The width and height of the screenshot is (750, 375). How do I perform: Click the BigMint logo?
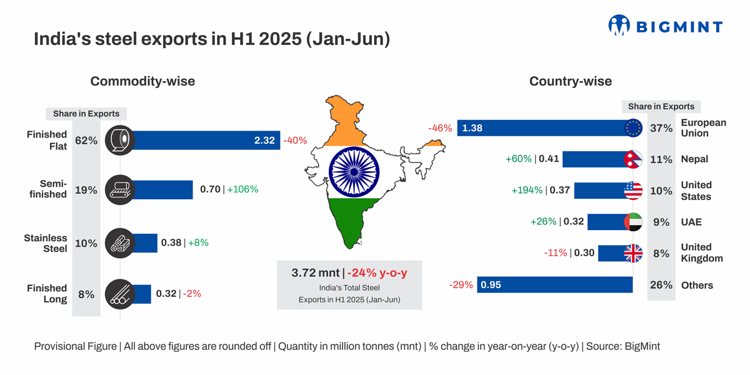[x=665, y=26]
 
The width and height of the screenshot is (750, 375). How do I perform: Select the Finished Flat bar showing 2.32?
[x=200, y=141]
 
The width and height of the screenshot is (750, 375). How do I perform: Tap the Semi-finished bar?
[x=162, y=189]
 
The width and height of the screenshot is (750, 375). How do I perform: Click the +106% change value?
[x=242, y=189]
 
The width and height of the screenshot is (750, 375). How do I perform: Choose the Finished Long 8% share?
[x=86, y=294]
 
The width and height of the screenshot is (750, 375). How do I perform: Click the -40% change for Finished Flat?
[x=295, y=141]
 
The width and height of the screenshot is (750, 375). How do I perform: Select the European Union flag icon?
[x=633, y=128]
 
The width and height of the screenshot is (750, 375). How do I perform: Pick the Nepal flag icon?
[x=633, y=159]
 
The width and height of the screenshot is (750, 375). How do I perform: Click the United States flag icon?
[x=633, y=191]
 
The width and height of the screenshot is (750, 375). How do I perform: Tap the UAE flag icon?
[x=633, y=222]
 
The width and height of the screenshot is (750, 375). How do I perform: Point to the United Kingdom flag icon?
[x=633, y=253]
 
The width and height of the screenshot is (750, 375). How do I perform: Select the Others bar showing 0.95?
[x=555, y=285]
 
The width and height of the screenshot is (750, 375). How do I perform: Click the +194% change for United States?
[x=527, y=191]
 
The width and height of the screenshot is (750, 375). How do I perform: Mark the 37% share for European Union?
[x=661, y=128]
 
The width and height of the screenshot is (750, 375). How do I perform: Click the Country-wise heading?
[x=570, y=81]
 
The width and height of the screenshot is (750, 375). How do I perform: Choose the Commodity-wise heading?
[x=142, y=81]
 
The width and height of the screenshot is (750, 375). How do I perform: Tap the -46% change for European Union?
[x=440, y=128]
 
